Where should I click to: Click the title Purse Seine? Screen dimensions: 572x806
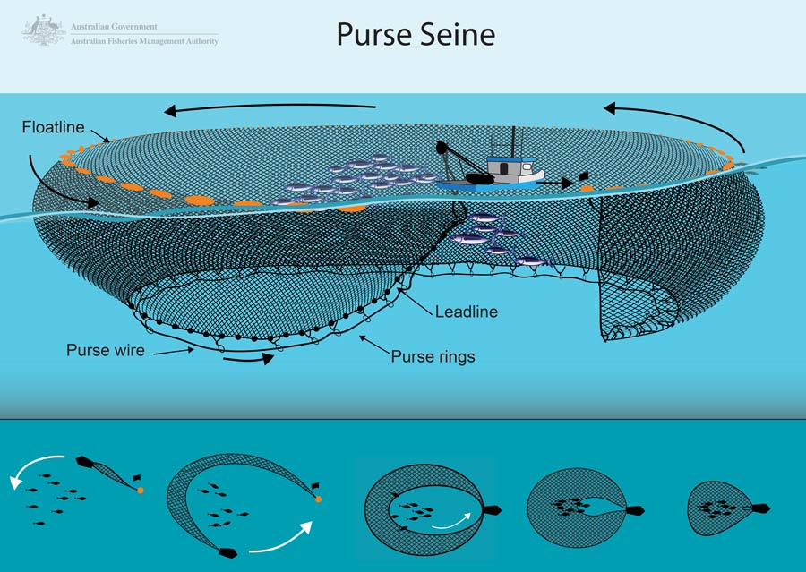[x=416, y=35]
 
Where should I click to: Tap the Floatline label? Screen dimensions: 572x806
[x=53, y=128]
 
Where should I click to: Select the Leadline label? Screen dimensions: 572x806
[x=466, y=312]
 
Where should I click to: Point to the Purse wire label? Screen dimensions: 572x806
[x=106, y=350]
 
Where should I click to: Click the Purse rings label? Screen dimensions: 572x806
[x=433, y=356]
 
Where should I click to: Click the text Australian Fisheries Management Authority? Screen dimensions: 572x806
[x=143, y=41]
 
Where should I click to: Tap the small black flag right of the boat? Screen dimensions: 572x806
[x=583, y=176]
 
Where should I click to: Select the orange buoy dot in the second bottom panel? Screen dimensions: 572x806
[x=317, y=499]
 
